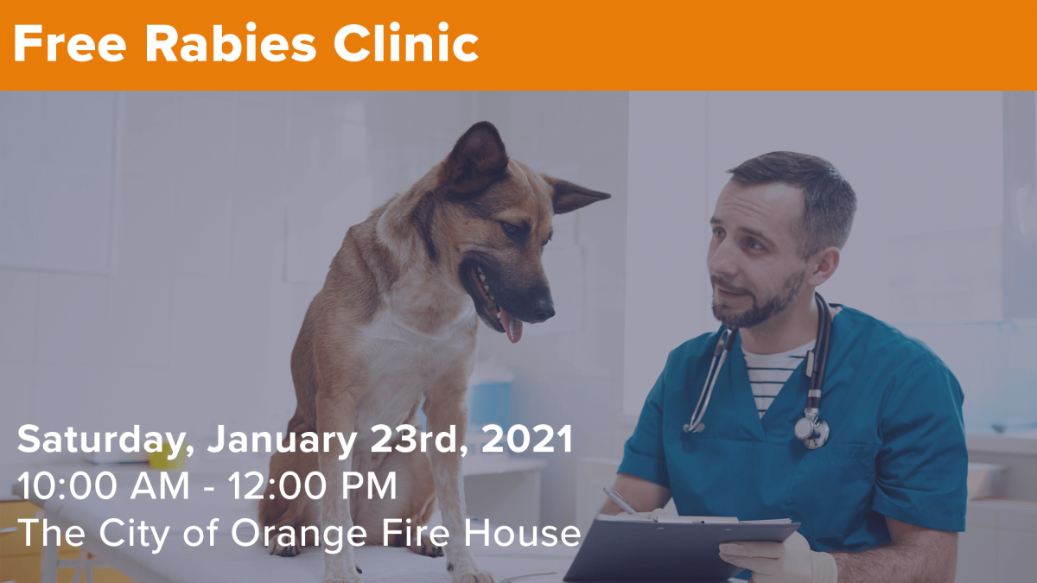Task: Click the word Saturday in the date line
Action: click(x=102, y=440)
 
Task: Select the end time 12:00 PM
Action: click(x=313, y=486)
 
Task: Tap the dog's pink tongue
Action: click(x=512, y=327)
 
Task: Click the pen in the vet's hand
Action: click(x=620, y=500)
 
